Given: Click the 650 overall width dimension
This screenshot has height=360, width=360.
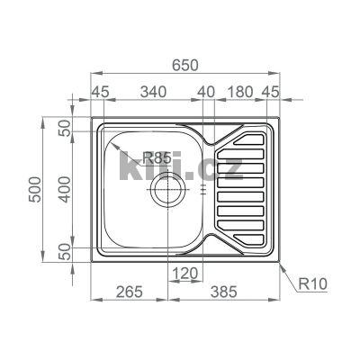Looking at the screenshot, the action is coord(185,65).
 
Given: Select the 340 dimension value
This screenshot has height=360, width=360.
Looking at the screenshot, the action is coord(153,92).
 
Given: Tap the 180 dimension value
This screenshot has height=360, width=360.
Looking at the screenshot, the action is coord(240,92).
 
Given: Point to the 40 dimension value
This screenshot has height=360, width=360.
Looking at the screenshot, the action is coord(206,92).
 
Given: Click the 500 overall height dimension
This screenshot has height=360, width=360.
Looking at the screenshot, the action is coord(36,189).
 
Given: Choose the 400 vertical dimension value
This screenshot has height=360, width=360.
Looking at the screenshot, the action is coord(65,189).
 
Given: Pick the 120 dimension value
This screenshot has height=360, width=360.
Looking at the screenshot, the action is coord(185,274).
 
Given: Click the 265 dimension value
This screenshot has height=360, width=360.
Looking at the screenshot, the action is coord(130,292).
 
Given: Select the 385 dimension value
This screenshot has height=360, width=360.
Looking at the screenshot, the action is coord(224,292).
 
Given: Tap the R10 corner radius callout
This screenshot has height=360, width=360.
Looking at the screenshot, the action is coord(313,283).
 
